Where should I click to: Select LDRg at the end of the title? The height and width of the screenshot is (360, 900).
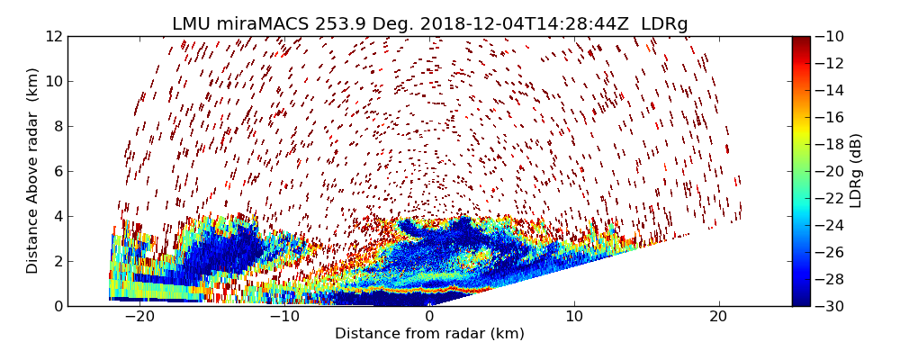tap(664, 24)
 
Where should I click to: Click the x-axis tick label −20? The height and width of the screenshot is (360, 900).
tap(139, 317)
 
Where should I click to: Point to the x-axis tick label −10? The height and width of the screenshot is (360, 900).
tap(284, 317)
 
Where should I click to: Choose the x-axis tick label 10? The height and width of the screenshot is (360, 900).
tap(574, 317)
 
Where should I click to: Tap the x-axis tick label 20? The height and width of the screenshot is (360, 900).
tap(718, 317)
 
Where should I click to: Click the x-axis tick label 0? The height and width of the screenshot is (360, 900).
tap(429, 317)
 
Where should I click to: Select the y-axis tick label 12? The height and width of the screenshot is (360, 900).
tap(53, 37)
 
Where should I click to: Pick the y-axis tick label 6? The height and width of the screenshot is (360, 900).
tap(57, 171)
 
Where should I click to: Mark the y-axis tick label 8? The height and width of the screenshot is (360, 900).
tap(57, 126)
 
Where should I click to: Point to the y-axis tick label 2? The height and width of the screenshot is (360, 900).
tap(57, 261)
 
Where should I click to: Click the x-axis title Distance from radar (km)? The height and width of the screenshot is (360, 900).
tap(429, 334)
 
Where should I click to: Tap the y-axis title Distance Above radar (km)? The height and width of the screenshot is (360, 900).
tap(33, 171)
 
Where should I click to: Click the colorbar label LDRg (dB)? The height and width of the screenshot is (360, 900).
tap(856, 171)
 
